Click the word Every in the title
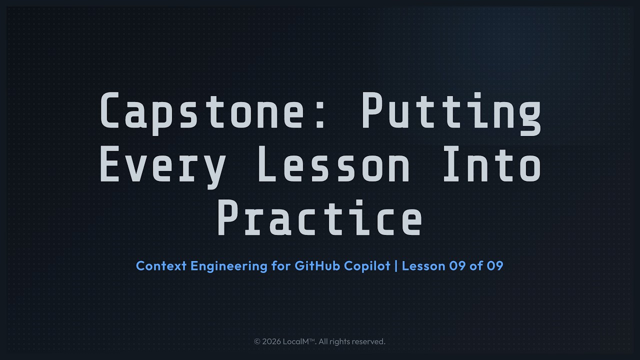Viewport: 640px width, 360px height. pos(163,165)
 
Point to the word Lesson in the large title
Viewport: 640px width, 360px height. pos(333,165)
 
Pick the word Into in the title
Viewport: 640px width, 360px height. pos(492,165)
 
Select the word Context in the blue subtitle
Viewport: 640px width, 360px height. pos(161,265)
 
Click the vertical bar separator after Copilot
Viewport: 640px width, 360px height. pos(396,265)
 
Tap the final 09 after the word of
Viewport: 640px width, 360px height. pos(494,265)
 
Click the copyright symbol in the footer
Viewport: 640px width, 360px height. pos(257,341)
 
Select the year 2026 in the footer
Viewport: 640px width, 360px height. pos(271,341)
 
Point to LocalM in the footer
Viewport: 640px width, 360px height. pos(297,341)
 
